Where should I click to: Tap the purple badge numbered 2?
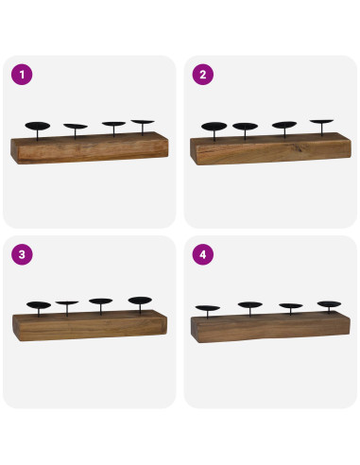coord(200,74)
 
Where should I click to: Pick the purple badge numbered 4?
coord(200,254)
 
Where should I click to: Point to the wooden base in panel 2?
coord(270,149)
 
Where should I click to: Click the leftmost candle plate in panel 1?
coord(38,126)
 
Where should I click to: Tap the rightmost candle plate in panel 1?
coord(143,122)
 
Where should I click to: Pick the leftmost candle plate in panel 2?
coord(214,126)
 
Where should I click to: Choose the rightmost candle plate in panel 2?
coord(322,122)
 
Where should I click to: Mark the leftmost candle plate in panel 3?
coord(39,304)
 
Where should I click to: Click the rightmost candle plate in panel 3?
coord(141,301)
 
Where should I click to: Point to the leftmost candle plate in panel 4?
coord(207,307)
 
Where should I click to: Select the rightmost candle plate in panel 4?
coord(329,304)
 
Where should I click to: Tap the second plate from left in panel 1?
coord(75,126)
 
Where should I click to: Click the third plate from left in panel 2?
coord(283,125)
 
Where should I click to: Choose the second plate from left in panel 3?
coord(67,303)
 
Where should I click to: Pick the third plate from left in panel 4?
coord(291,306)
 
